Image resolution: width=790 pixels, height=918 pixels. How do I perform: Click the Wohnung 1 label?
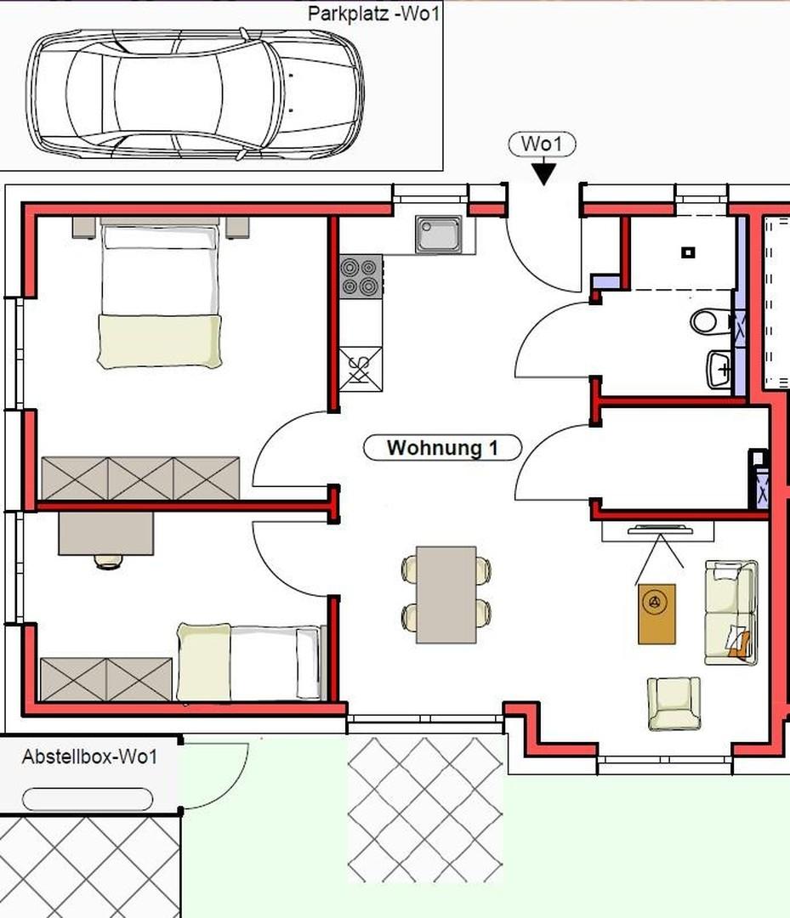coord(441,448)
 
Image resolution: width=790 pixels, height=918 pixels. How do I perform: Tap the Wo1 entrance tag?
coord(542,144)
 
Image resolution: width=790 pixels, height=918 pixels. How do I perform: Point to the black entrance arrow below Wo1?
coord(543,173)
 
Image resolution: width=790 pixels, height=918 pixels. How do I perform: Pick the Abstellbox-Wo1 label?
coord(89,756)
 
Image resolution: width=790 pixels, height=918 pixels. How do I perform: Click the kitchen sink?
coord(439,234)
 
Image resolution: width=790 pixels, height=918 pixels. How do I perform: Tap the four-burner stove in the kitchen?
coord(360,277)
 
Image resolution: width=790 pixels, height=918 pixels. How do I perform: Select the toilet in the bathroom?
coord(705,322)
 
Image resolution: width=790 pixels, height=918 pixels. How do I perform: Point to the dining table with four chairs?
coord(446,593)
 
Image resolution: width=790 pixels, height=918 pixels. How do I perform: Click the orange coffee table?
coord(656,614)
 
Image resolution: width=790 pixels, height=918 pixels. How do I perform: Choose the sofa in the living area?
coord(730,611)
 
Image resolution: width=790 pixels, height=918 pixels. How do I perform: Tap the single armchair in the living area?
coord(673,703)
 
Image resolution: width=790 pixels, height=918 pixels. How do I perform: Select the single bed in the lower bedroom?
coord(249,662)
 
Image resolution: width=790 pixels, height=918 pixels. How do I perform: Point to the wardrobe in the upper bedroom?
coord(140,479)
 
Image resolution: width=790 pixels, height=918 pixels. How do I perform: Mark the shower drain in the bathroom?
coord(689,252)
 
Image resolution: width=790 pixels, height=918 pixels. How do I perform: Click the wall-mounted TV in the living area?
coord(658,531)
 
